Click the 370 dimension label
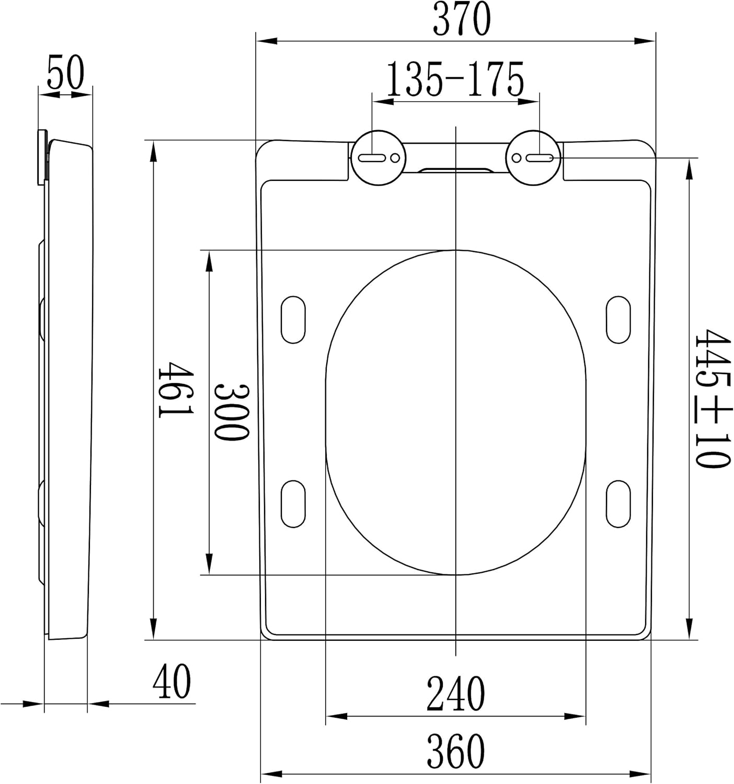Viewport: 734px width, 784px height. pyautogui.click(x=462, y=18)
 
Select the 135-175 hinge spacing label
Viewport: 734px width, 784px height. pyautogui.click(x=455, y=79)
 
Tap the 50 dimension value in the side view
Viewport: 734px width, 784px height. pyautogui.click(x=65, y=72)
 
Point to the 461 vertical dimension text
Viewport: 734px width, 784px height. pyautogui.click(x=176, y=389)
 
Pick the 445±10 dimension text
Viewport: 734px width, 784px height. pyautogui.click(x=712, y=399)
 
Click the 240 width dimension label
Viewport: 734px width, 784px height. pyautogui.click(x=455, y=693)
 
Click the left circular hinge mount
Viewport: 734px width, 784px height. pyautogui.click(x=379, y=157)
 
